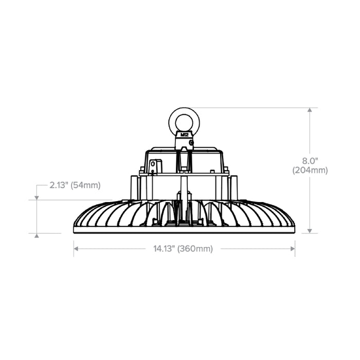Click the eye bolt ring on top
tap(184, 121)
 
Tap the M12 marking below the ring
tap(184, 135)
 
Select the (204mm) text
tap(310, 170)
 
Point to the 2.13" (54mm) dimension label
tap(75, 185)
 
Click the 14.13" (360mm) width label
tap(183, 249)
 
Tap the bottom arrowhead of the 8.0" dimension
tap(310, 230)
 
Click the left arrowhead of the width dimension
tap(76, 249)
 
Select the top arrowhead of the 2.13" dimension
tap(37, 197)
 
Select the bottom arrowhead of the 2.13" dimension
tap(37, 235)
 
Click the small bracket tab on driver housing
tap(155, 166)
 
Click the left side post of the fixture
tap(134, 188)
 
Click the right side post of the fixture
tap(233, 188)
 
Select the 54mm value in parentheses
tap(86, 185)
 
